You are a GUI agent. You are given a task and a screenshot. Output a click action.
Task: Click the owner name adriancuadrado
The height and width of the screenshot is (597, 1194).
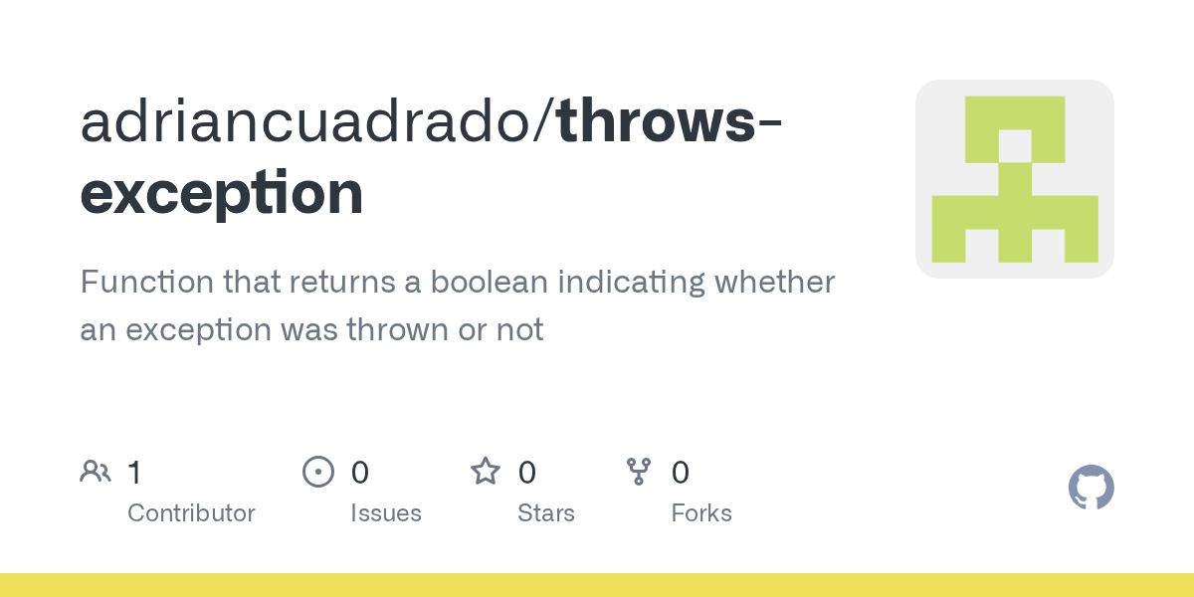[309, 121]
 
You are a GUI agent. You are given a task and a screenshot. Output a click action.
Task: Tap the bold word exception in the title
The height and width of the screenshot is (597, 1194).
[221, 193]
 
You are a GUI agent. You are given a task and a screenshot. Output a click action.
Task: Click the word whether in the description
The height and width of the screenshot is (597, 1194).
[774, 283]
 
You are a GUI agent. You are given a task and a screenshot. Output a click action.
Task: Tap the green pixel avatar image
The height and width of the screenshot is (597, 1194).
[1014, 179]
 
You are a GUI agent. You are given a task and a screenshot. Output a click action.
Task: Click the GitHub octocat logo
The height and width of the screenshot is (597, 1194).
[1091, 488]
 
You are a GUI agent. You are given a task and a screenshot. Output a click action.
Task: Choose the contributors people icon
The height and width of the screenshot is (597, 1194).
[96, 472]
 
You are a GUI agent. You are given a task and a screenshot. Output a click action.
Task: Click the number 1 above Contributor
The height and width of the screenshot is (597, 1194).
[134, 473]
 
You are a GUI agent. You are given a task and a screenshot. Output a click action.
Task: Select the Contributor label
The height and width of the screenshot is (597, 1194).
[191, 513]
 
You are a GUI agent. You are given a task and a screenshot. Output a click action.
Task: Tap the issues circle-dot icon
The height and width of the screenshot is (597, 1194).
[318, 472]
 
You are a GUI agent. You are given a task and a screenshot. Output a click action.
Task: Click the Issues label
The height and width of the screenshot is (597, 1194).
[385, 513]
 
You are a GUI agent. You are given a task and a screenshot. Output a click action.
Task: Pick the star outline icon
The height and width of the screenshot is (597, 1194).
[486, 472]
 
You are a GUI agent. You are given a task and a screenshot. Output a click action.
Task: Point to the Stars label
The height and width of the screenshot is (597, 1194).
[545, 513]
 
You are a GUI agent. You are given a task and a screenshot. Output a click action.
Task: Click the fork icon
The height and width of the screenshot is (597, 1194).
[639, 472]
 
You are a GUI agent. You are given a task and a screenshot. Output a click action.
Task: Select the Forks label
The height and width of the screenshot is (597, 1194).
[700, 513]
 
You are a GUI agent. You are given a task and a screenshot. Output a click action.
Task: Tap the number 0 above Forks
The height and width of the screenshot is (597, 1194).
[680, 473]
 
